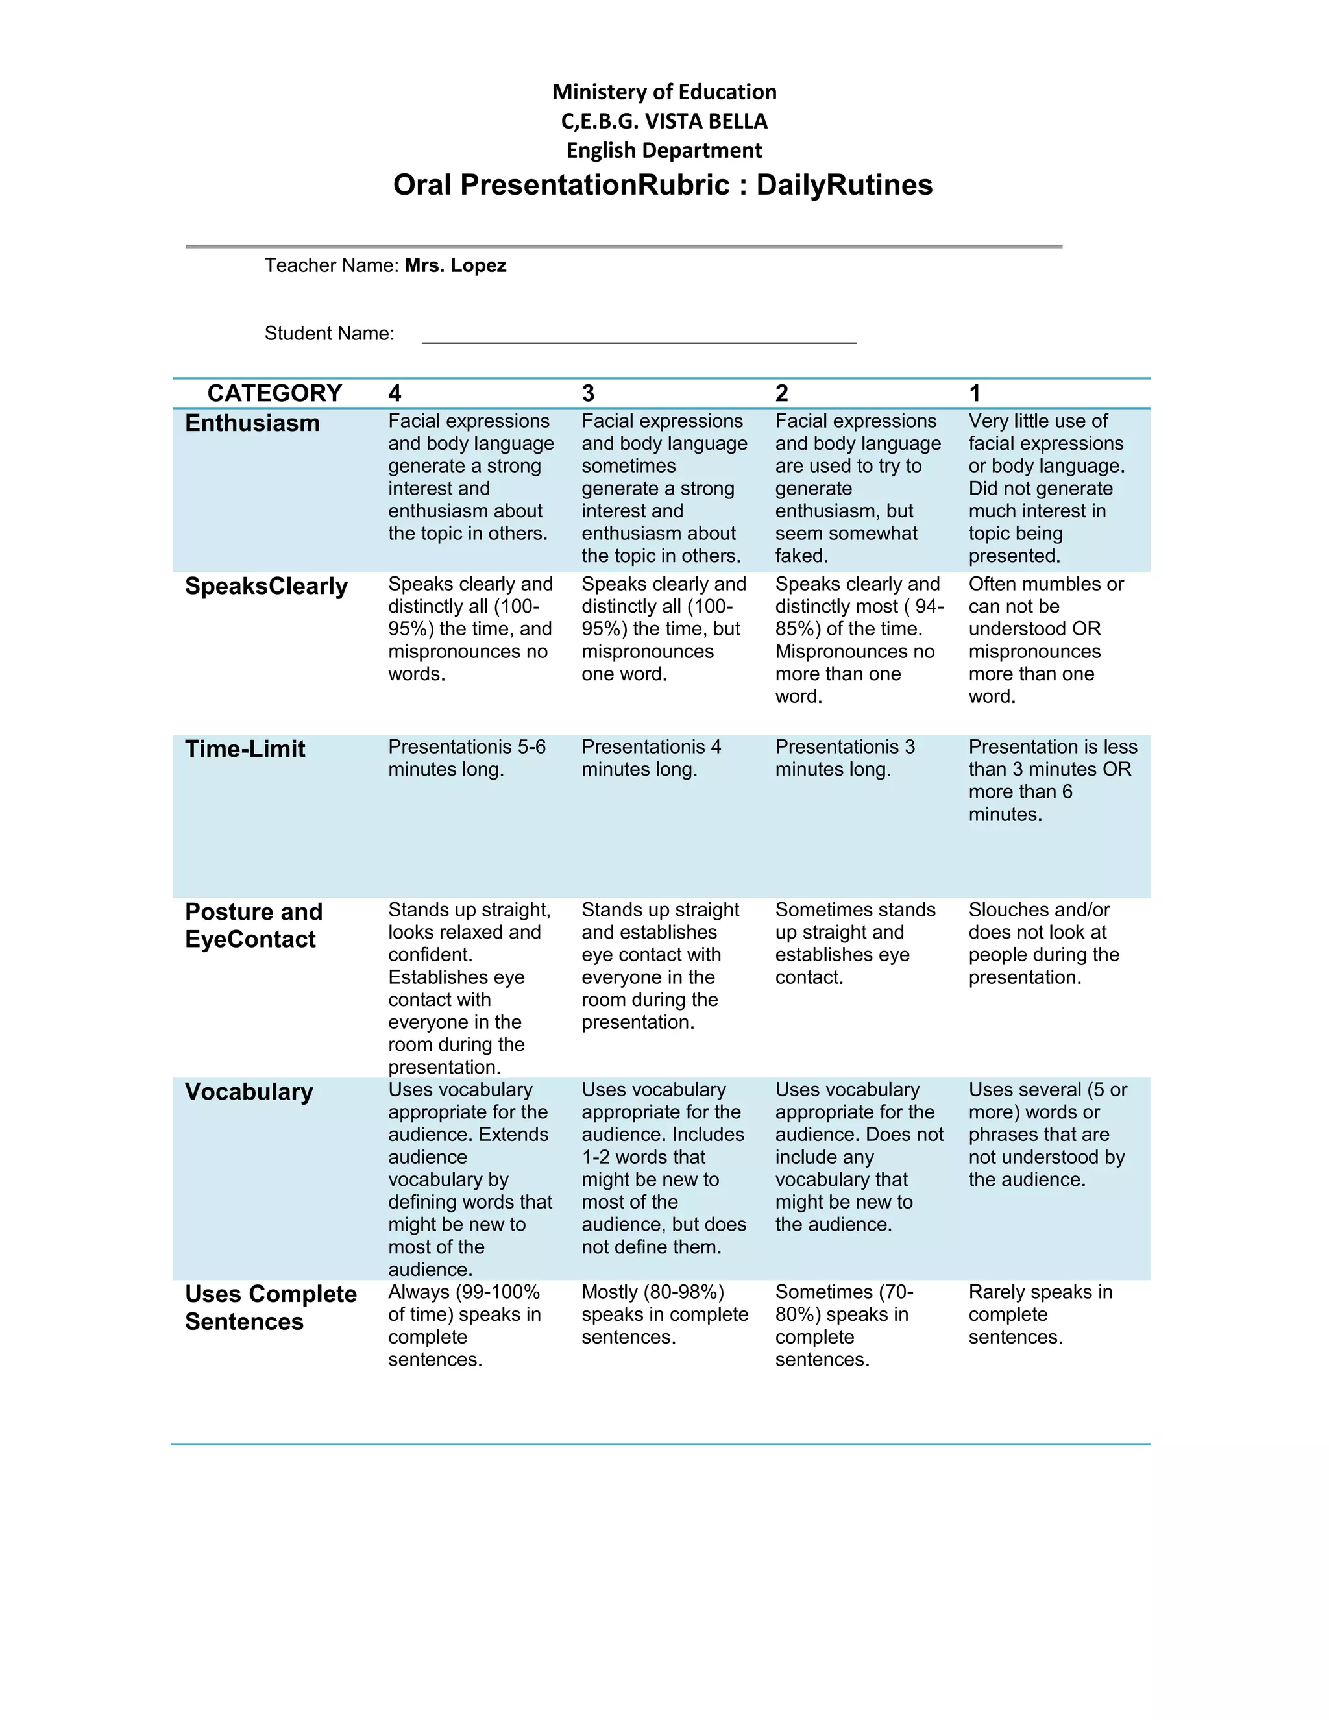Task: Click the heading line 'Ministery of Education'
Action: [x=664, y=92]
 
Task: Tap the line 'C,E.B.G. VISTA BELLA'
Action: [x=664, y=121]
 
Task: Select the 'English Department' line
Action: [x=664, y=151]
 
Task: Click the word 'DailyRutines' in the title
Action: [x=844, y=185]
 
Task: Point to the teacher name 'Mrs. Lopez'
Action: [x=455, y=265]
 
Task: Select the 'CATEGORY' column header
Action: [x=274, y=393]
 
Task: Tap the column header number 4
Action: [x=395, y=393]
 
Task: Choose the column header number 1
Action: [x=975, y=393]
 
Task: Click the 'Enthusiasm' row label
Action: [x=252, y=423]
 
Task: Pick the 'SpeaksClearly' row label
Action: [x=266, y=586]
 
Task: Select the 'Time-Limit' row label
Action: [x=245, y=749]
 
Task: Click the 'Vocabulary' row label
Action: [x=249, y=1092]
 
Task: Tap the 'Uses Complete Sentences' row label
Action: [x=270, y=1307]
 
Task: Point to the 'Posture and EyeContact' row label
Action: [x=254, y=926]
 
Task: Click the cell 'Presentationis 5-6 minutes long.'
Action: [x=466, y=757]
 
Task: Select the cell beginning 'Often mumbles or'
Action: [x=1045, y=639]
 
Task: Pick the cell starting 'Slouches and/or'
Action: [x=1043, y=944]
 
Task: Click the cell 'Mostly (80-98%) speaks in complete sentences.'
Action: [x=664, y=1314]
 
